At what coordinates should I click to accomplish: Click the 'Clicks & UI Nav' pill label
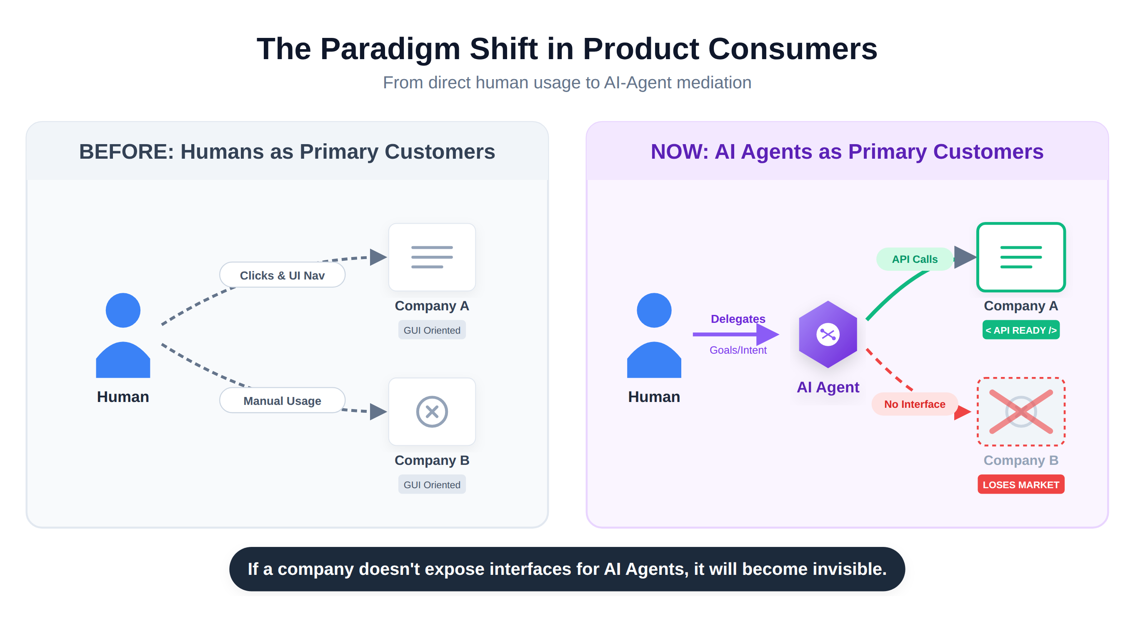(x=282, y=275)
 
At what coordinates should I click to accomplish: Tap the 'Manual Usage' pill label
(x=282, y=400)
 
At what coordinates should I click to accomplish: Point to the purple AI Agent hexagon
(x=828, y=334)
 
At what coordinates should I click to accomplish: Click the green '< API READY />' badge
(x=1020, y=330)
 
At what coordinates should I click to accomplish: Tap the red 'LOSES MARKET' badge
(x=1020, y=484)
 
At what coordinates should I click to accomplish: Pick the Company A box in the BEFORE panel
(x=432, y=257)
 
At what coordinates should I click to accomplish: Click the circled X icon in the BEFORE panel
(x=432, y=412)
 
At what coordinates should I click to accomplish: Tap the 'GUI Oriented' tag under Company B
(x=432, y=484)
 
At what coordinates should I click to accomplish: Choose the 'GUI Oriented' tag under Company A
(x=432, y=330)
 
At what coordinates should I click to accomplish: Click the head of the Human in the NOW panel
(x=654, y=310)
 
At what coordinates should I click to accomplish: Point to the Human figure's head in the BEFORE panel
(x=123, y=310)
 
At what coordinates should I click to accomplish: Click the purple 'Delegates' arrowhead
(x=768, y=334)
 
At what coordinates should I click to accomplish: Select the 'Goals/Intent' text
(x=738, y=350)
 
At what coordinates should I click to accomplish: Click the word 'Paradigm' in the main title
(x=390, y=49)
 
